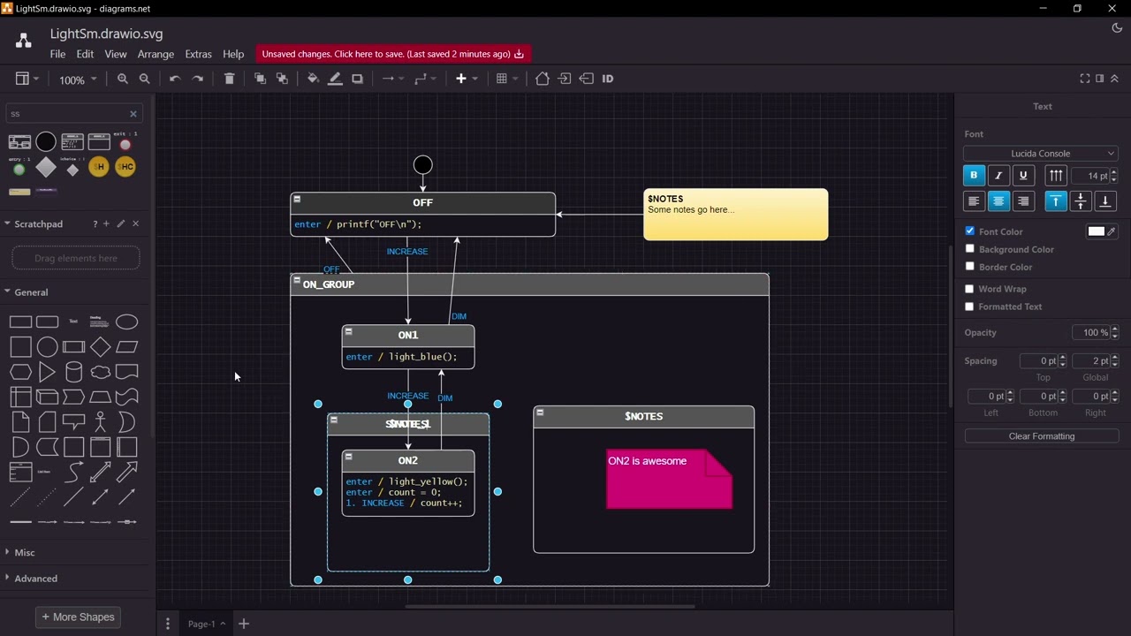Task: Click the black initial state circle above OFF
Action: click(x=422, y=164)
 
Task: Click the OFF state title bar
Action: click(x=422, y=203)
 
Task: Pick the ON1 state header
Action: click(x=407, y=336)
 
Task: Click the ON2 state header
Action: click(x=407, y=461)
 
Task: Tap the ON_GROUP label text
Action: click(x=329, y=284)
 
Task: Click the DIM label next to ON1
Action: click(x=459, y=316)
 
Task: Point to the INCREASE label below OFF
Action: click(x=407, y=252)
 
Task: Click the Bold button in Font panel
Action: click(x=974, y=176)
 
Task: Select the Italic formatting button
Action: click(x=998, y=176)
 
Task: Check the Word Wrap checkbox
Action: click(x=970, y=289)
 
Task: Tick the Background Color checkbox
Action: click(x=970, y=249)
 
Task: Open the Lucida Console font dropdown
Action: click(x=1040, y=154)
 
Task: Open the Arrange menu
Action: click(x=156, y=55)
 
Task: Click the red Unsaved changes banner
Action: click(x=392, y=54)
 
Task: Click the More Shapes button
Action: click(x=78, y=617)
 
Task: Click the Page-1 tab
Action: click(x=201, y=624)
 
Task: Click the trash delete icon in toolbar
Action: click(x=229, y=79)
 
